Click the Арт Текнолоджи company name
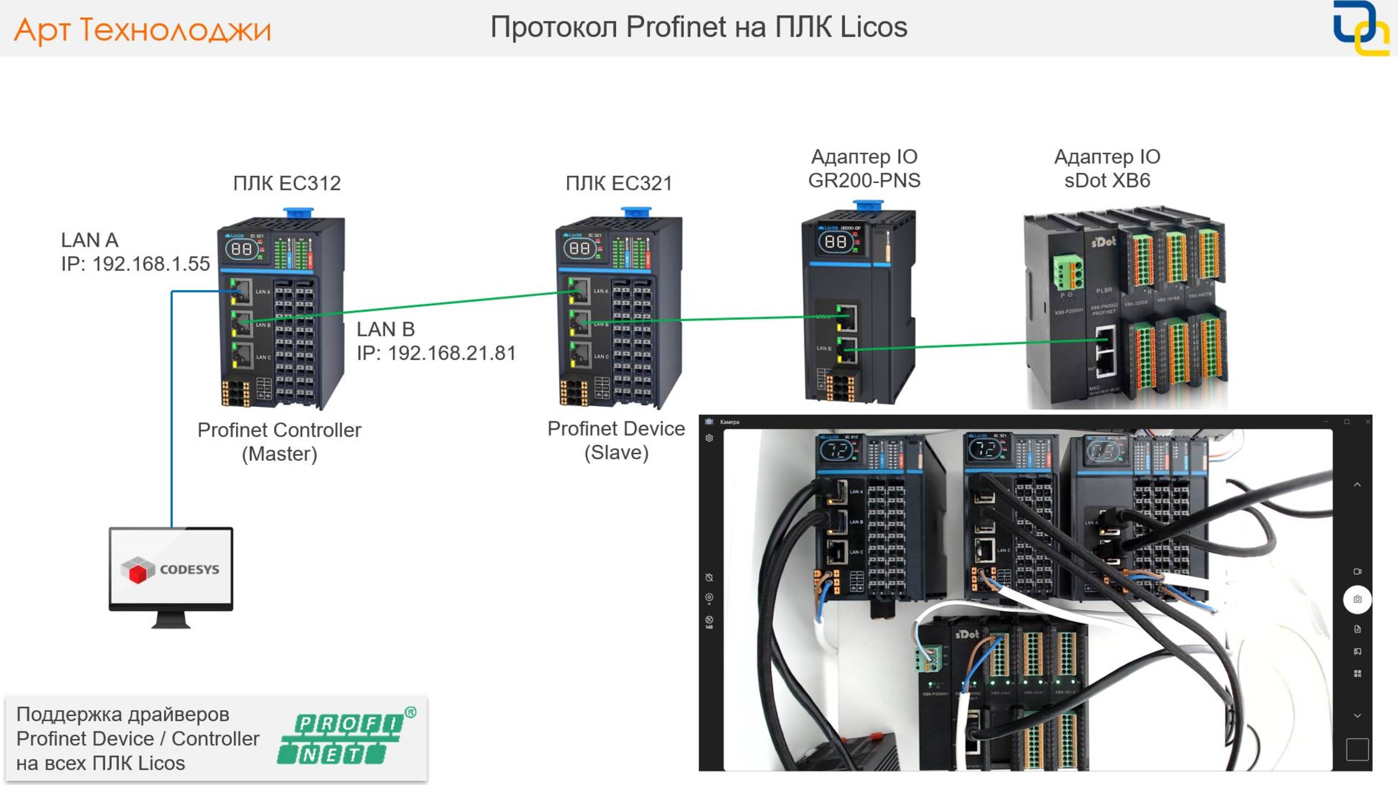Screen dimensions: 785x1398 142,30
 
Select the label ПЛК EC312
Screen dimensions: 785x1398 287,183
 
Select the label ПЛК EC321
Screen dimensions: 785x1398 619,183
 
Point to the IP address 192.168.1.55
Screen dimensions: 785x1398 151,264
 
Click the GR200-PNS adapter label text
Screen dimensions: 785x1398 864,180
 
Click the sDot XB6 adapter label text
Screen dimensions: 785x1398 1107,180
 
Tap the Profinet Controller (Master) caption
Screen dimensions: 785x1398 279,441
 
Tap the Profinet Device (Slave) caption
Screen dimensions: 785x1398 616,440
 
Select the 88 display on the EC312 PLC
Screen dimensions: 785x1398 241,249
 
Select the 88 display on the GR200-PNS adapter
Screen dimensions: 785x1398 835,241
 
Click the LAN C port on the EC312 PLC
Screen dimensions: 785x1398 242,355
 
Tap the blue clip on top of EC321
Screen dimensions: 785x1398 636,212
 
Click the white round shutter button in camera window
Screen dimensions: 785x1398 1357,599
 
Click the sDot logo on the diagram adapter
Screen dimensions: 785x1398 1103,242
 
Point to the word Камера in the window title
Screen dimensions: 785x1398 730,422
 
